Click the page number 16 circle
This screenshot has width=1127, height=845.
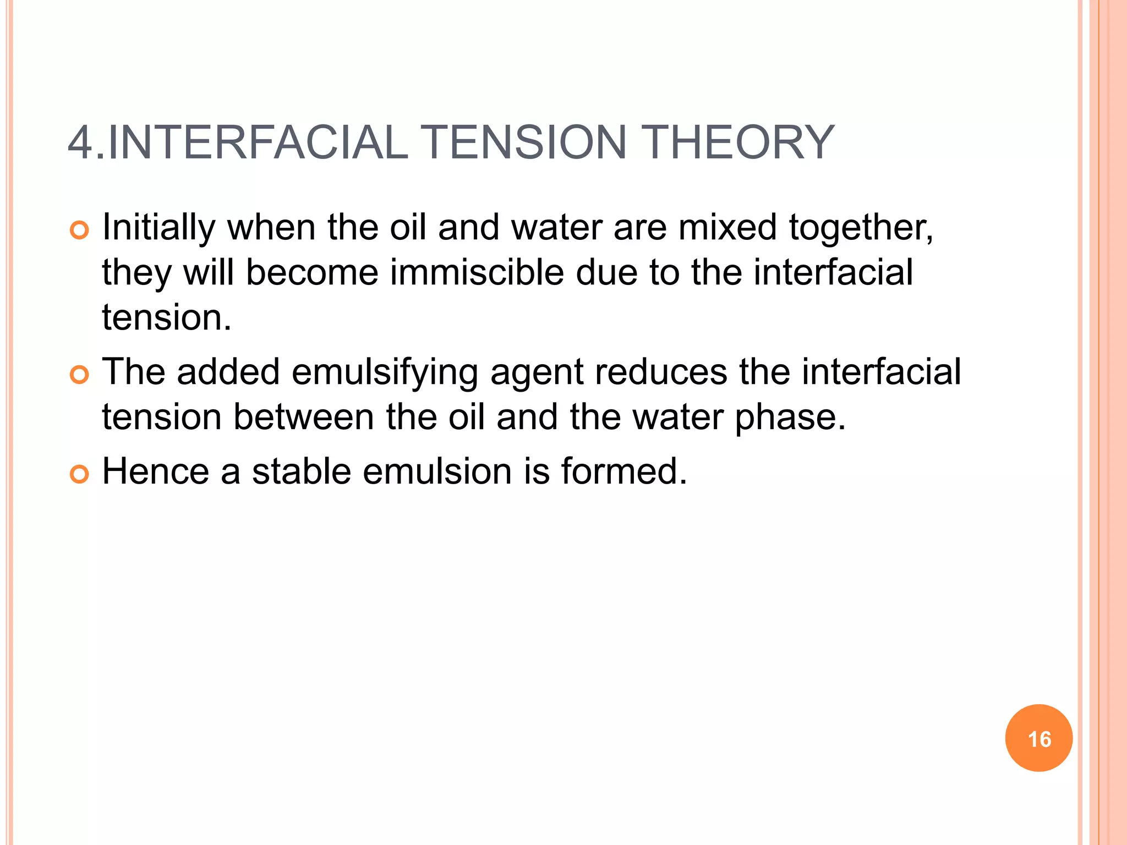click(x=1038, y=738)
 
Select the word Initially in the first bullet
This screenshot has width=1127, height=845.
click(x=159, y=227)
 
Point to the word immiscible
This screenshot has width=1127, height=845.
click(x=477, y=272)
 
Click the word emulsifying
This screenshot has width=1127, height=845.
click(x=385, y=372)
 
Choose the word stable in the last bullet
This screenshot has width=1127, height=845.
click(x=302, y=471)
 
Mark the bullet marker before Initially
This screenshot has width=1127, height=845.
click(x=80, y=231)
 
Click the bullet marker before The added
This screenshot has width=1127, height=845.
click(x=80, y=375)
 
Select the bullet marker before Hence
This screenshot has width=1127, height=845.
click(x=80, y=474)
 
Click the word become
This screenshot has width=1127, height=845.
click(x=312, y=272)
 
